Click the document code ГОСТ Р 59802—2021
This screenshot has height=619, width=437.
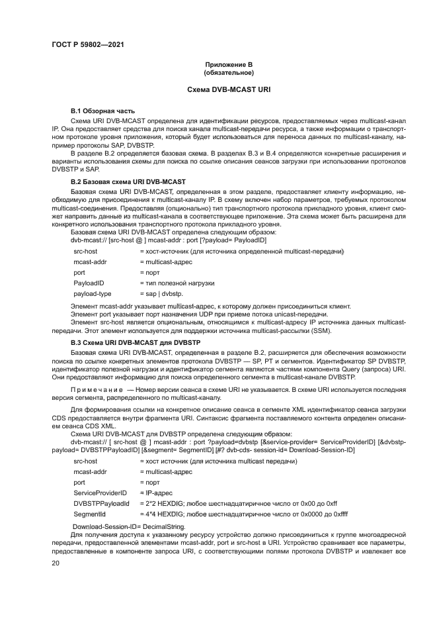(x=88, y=45)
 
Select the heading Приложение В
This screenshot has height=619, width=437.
(x=228, y=64)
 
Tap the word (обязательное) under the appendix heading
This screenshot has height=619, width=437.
(x=228, y=71)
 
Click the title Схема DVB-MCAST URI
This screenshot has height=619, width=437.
(x=228, y=89)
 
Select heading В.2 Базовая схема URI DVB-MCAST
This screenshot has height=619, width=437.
(x=128, y=181)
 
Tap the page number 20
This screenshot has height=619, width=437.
(x=56, y=563)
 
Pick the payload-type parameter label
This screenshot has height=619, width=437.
(x=92, y=293)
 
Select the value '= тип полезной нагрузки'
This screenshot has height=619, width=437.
(x=177, y=283)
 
